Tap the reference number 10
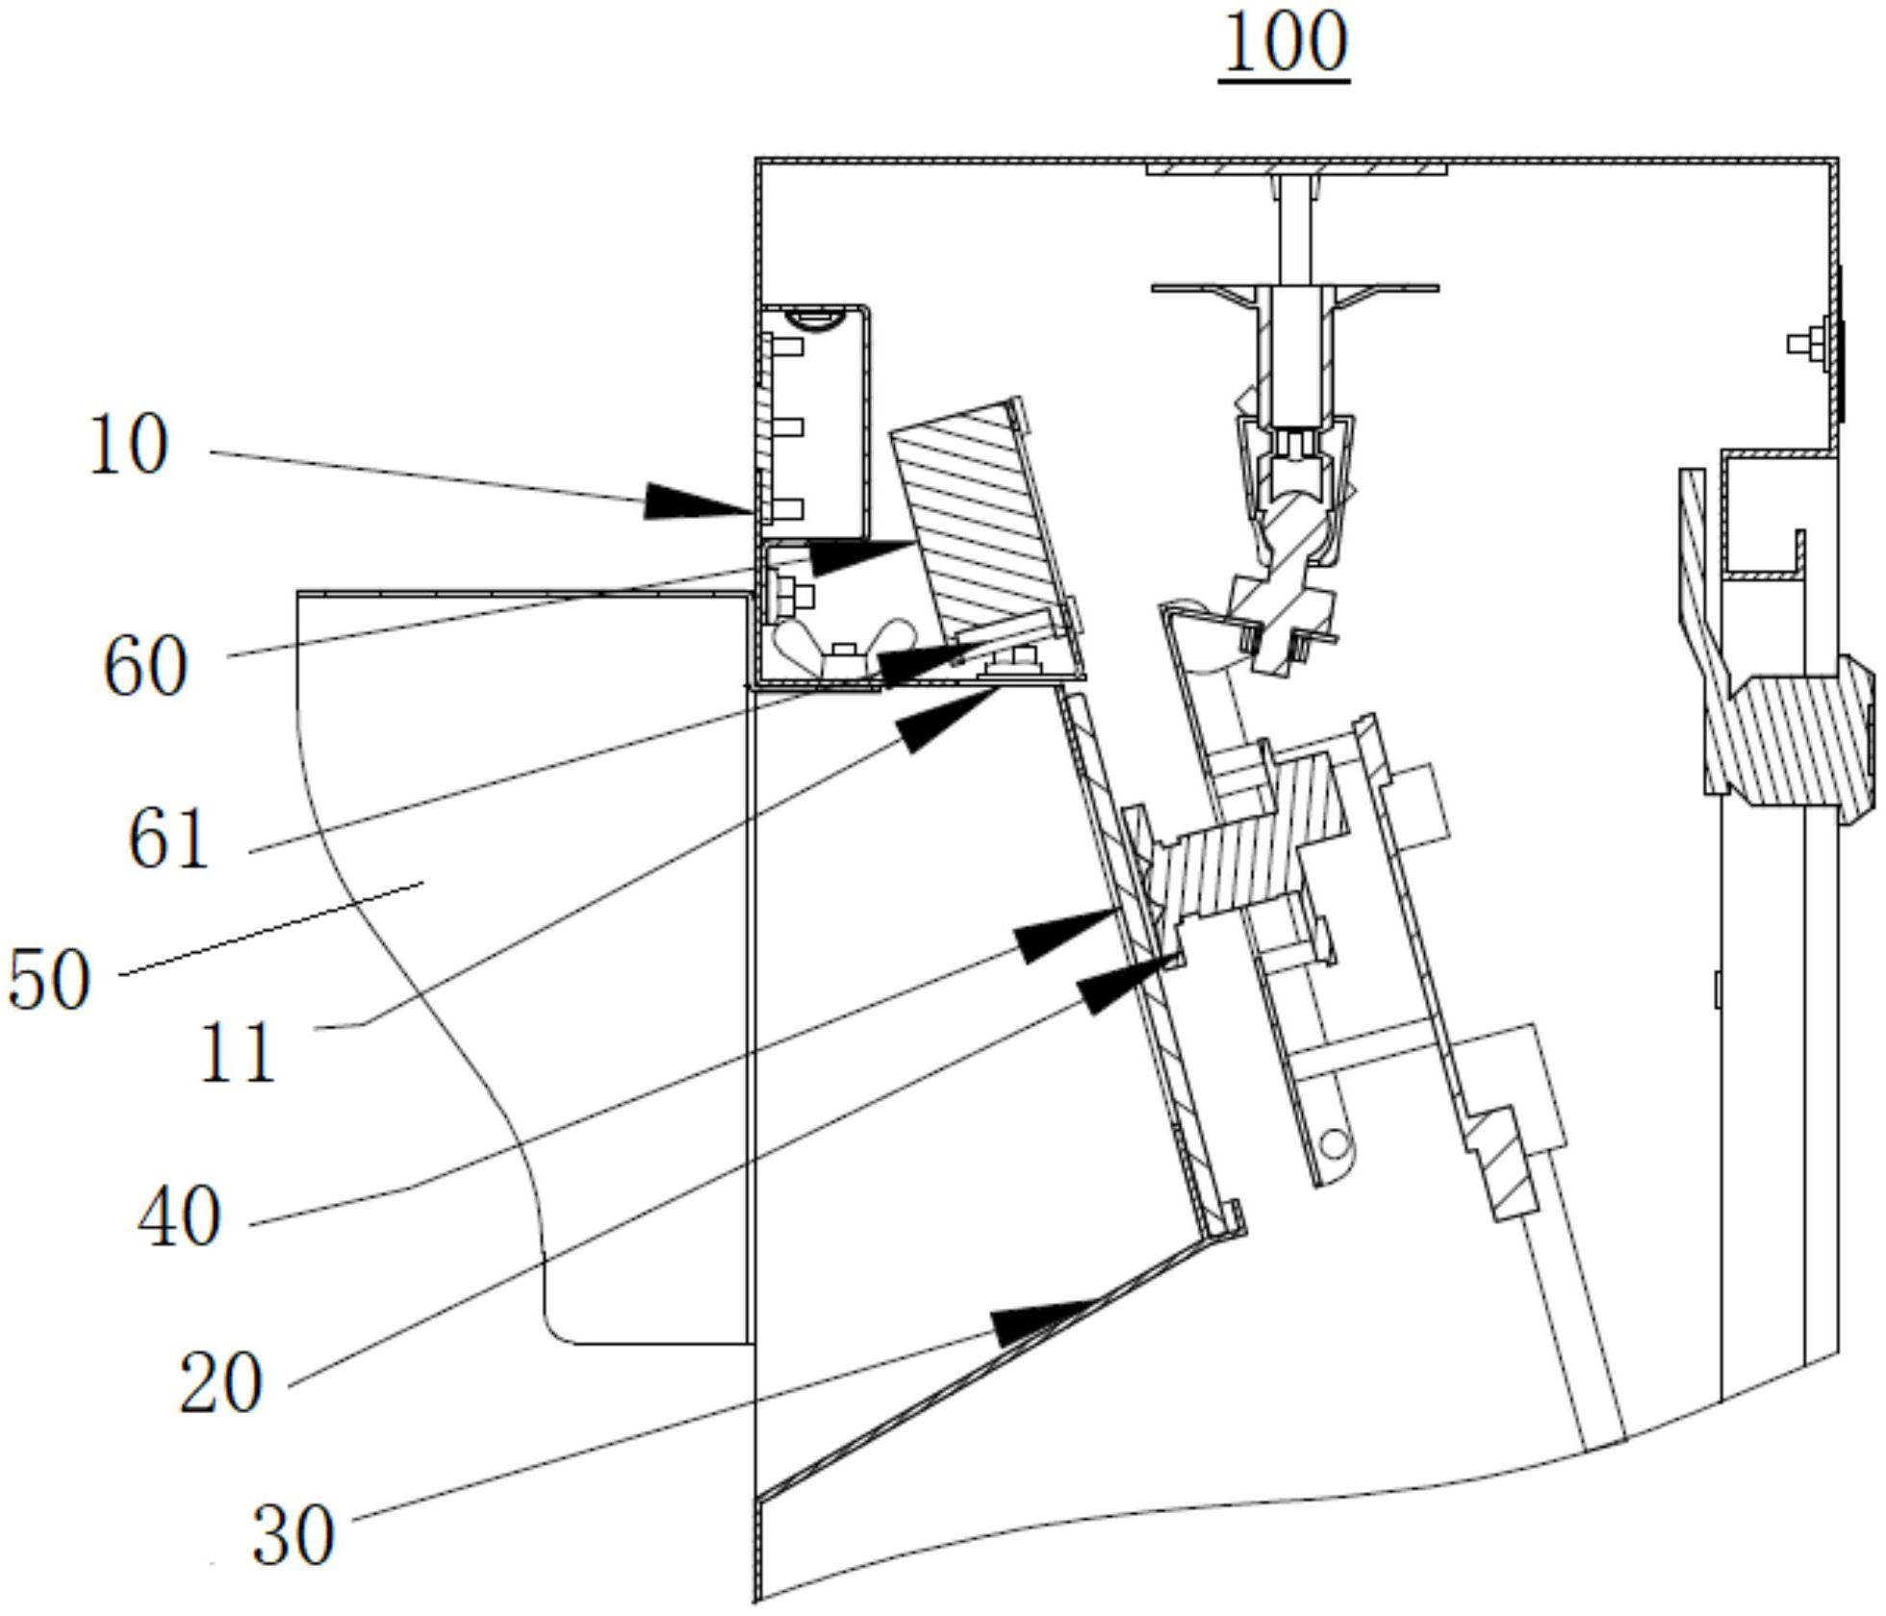(x=128, y=444)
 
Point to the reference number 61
(x=167, y=838)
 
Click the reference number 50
(x=49, y=979)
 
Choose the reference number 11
(x=237, y=1052)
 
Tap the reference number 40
(x=179, y=1218)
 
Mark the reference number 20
(x=220, y=1383)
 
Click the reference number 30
(x=293, y=1535)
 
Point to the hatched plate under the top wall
(x=1296, y=170)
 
